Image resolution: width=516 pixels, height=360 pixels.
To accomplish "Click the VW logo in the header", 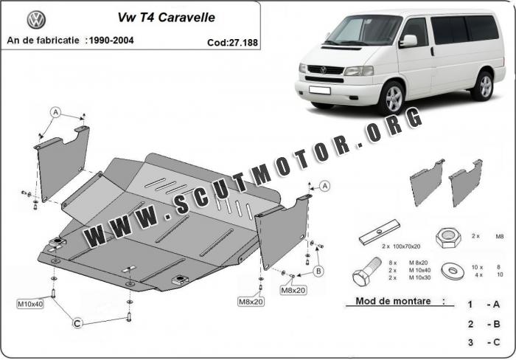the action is point(36,20).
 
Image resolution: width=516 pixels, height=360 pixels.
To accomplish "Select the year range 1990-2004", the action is point(111,41).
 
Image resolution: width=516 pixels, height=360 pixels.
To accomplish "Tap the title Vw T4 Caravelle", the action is point(166,18).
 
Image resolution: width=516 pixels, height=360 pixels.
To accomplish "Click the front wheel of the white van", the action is point(394,98).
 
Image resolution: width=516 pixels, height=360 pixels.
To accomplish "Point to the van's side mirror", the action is point(408,41).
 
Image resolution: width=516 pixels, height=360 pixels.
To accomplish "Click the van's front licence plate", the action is point(319,90).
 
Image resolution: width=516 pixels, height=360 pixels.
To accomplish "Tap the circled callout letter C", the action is point(77,323).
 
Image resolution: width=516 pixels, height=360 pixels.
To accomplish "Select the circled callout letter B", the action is point(318,271).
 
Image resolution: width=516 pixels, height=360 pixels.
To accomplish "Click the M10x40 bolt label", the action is point(30,304).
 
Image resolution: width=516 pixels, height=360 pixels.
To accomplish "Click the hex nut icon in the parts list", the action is point(448,238).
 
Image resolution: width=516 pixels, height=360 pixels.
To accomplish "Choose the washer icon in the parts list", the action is point(453,271).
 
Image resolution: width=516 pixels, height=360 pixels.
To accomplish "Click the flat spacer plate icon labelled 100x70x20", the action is point(380,232).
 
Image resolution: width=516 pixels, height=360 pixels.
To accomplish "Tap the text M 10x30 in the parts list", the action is point(419,277).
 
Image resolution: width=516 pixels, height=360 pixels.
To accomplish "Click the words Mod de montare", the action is point(393,301).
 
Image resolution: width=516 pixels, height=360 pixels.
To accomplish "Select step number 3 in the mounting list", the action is point(470,342).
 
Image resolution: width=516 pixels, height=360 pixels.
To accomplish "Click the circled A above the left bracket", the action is point(55,112).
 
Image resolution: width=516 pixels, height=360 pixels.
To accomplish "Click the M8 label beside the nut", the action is point(500,236).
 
